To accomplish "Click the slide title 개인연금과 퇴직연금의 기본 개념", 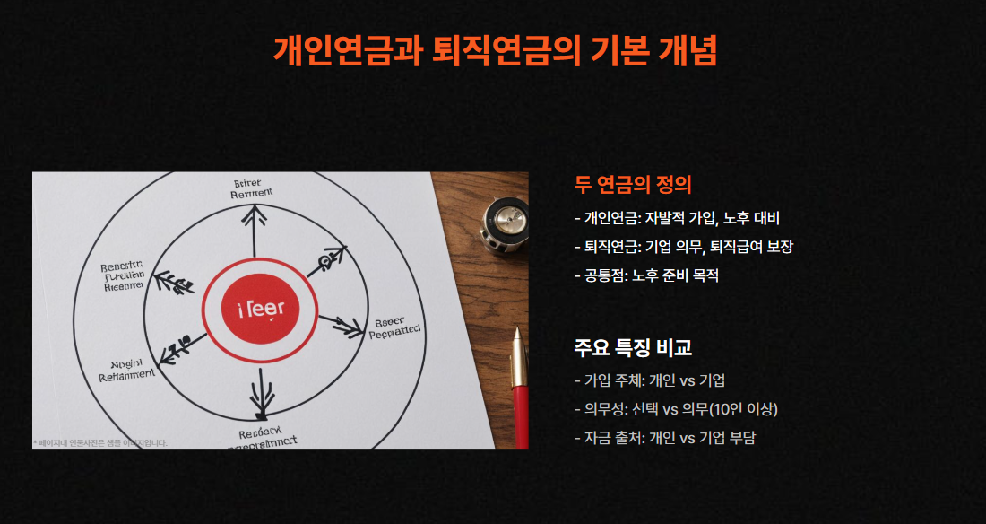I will [495, 50].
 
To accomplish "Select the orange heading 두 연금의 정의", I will [633, 185].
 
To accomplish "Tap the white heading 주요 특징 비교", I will [633, 347].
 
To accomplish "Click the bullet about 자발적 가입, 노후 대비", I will [679, 218].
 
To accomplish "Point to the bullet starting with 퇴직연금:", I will [683, 247].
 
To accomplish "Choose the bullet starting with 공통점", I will [645, 275].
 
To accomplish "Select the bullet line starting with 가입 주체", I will [655, 380].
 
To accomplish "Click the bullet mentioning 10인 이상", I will [676, 409].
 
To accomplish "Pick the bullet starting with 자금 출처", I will [664, 438].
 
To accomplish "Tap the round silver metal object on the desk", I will [504, 221].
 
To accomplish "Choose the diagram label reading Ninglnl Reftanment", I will [125, 370].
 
